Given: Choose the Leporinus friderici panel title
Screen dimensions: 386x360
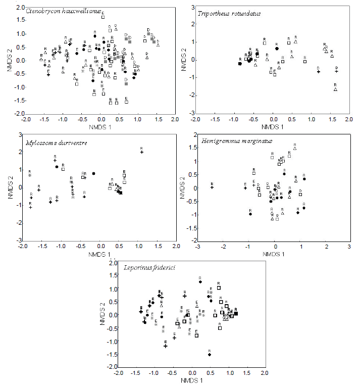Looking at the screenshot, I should coord(146,267).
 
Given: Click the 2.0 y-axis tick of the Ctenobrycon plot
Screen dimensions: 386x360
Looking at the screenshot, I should coord(19,7).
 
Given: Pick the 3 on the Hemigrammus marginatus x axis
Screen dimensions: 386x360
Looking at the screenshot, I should coord(349,247).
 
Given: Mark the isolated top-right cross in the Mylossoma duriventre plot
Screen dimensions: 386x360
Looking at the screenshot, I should coord(142,152).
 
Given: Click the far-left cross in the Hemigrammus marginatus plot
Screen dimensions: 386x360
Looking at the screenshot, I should coord(212,187).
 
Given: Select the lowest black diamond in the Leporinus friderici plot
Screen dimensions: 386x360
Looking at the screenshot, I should coord(209,355).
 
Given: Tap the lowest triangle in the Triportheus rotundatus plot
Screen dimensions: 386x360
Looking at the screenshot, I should coord(335,89).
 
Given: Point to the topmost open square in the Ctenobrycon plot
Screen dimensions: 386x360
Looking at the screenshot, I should coord(102,17).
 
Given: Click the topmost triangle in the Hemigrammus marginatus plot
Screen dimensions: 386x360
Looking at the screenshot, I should coord(295,148).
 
